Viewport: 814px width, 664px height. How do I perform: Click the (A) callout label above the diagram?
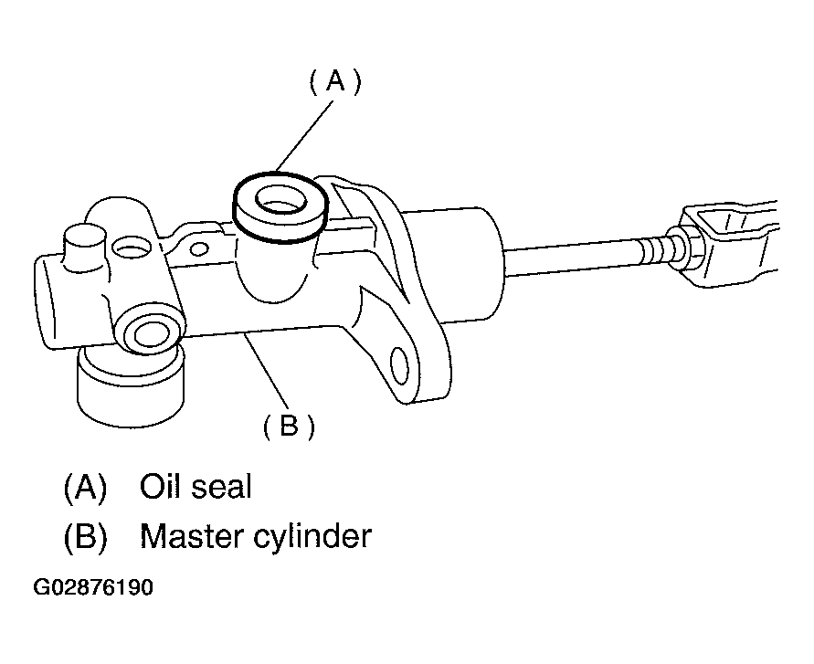[335, 82]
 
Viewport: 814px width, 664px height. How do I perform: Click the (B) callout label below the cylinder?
[289, 427]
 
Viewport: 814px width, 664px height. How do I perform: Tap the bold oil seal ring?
[280, 207]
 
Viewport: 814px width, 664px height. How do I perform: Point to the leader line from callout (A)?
[304, 136]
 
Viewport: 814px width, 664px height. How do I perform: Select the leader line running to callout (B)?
[267, 371]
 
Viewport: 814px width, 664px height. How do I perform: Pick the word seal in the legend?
[222, 487]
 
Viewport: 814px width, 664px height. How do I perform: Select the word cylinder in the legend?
[312, 537]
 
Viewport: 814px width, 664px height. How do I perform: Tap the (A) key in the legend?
[85, 487]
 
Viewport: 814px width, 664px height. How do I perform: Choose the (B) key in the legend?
[85, 537]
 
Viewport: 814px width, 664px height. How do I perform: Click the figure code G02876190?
[93, 587]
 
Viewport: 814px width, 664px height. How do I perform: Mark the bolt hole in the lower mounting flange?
[399, 365]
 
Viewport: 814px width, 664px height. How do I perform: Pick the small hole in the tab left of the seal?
[199, 249]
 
